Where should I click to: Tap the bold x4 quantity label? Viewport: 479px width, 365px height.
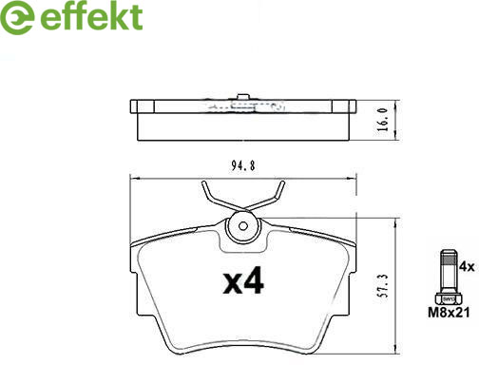241,282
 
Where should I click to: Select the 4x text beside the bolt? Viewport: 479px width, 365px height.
465,268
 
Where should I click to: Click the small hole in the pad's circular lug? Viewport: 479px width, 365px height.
243,227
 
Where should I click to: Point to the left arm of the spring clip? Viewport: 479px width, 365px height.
214,197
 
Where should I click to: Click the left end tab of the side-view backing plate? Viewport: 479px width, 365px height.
134,107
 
